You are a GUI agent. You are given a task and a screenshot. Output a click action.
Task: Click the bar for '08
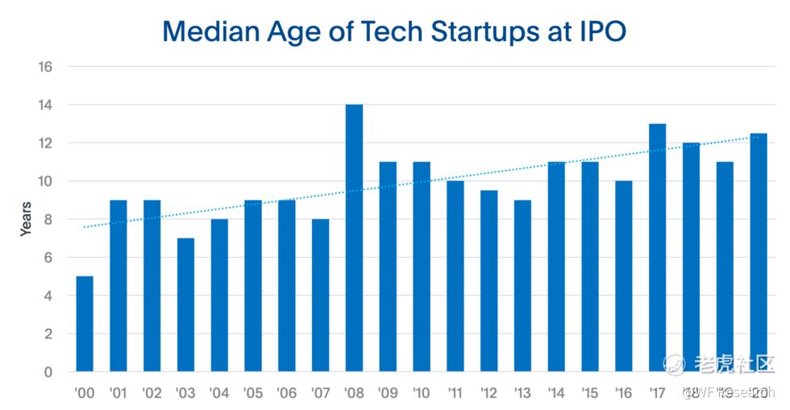[x=354, y=238]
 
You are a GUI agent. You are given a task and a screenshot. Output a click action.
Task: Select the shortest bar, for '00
[x=85, y=324]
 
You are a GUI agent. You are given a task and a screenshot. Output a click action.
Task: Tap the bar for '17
[x=657, y=248]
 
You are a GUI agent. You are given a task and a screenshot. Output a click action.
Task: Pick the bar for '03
[x=185, y=305]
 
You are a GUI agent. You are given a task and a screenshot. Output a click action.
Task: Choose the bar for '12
[x=489, y=281]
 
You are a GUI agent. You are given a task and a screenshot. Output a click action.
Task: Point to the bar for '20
[x=758, y=253]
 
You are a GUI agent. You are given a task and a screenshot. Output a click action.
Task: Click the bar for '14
[x=556, y=267]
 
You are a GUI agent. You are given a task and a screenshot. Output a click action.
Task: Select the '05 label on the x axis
[x=252, y=394]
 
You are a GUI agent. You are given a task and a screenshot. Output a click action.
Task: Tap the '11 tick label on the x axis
[x=455, y=394]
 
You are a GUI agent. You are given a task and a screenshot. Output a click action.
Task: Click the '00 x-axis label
[x=84, y=394]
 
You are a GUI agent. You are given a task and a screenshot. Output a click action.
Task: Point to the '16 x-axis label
[x=623, y=394]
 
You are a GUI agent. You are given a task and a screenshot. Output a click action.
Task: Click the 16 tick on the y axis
[x=45, y=67]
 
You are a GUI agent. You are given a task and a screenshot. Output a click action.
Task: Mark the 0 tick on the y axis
[x=48, y=372]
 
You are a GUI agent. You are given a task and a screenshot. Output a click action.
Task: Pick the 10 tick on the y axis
[x=45, y=181]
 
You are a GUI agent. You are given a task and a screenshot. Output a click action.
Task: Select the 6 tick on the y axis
[x=48, y=258]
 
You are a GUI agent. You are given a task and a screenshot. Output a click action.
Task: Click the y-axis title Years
[x=27, y=219]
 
